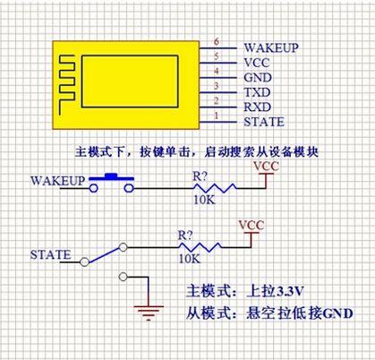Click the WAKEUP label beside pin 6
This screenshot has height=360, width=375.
point(271,47)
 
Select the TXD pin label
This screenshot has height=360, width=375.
point(257,92)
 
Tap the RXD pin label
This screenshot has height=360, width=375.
point(258,107)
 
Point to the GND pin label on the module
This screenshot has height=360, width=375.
point(258,77)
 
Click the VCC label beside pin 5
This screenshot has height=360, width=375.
point(257,63)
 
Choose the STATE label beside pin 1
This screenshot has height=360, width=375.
point(264,122)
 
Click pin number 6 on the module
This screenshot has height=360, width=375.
point(217,41)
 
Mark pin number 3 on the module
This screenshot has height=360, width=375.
point(217,86)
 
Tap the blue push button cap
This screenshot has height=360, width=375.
point(112,176)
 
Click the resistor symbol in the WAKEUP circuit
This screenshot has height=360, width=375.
point(215,188)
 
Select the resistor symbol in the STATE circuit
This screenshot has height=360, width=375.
point(200,247)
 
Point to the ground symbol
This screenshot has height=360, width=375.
point(149,313)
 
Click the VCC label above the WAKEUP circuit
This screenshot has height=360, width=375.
point(266,166)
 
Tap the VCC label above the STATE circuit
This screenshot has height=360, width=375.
point(251,225)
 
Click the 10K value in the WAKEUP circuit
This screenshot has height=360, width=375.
point(204,200)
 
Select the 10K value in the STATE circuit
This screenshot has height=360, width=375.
point(190,259)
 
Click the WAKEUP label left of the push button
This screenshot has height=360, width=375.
point(57,181)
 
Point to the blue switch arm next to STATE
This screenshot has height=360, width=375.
point(104,254)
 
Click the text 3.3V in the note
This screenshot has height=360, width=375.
point(290,292)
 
